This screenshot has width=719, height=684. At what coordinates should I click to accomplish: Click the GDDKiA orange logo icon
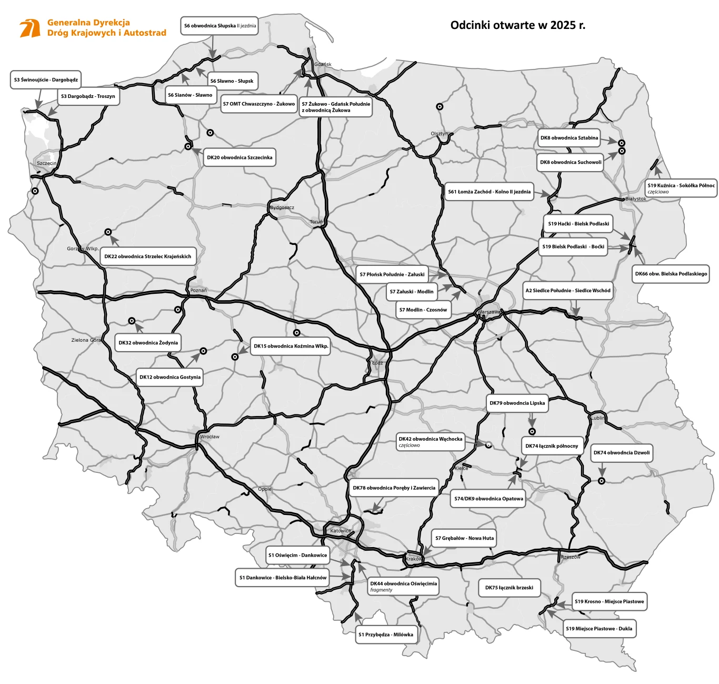[29, 28]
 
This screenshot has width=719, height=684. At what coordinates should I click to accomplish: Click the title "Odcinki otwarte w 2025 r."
[517, 25]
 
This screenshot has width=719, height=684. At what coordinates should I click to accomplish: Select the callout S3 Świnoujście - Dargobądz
[46, 80]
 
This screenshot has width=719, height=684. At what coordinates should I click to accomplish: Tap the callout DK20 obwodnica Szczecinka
[239, 157]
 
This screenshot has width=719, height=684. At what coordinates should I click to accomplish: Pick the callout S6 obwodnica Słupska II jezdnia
[219, 26]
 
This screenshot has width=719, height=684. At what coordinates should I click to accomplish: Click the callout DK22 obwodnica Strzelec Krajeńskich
[148, 256]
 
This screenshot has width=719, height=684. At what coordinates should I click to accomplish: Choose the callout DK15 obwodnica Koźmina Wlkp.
[291, 346]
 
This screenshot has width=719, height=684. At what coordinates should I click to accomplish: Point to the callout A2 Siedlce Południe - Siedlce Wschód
[568, 290]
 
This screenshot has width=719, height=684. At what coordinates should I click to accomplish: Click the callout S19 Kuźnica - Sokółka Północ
[681, 188]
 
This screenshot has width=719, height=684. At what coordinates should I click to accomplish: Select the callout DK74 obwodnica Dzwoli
[622, 453]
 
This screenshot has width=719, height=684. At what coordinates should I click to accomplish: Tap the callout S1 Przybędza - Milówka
[386, 635]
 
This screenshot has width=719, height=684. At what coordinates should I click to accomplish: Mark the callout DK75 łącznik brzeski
[509, 588]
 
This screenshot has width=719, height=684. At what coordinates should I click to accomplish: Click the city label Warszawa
[489, 312]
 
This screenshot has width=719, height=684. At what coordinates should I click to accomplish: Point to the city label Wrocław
[209, 437]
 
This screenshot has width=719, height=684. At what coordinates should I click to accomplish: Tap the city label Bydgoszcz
[282, 207]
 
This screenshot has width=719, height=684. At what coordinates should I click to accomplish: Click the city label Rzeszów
[571, 557]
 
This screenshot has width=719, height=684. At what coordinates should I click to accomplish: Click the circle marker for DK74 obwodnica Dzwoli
[601, 481]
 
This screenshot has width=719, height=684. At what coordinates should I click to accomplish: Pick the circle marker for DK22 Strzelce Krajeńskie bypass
[108, 232]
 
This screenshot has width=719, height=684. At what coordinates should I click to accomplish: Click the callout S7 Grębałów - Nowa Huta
[464, 538]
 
